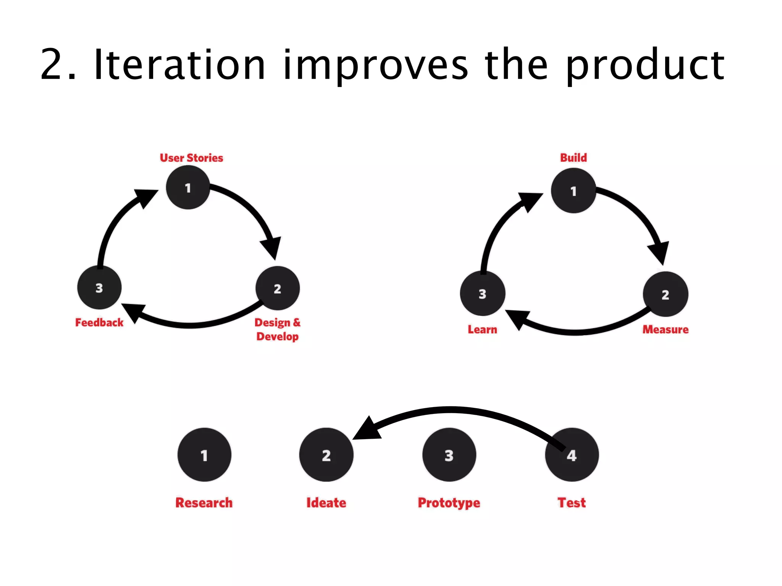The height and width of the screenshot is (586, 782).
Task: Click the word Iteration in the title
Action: tap(179, 65)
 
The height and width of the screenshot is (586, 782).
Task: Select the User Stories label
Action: tap(191, 158)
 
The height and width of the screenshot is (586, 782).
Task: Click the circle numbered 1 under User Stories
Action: tap(188, 188)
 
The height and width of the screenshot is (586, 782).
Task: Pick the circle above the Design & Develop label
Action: tap(278, 288)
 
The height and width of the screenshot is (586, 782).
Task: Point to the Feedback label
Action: tap(99, 323)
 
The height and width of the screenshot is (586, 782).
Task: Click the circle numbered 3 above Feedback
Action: tap(99, 288)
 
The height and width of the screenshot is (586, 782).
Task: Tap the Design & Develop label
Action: tap(278, 330)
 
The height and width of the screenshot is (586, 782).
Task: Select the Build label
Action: tap(574, 158)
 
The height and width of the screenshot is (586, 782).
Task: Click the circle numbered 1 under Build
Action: tap(574, 191)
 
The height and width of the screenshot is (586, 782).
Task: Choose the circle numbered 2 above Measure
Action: tap(666, 294)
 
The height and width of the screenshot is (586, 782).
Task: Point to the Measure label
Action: tap(666, 330)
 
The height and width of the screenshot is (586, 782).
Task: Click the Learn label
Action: tap(483, 330)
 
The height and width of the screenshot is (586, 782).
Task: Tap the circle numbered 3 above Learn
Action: tap(483, 294)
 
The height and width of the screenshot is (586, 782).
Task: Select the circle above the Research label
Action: tap(204, 455)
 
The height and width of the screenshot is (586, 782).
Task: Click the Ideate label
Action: tap(326, 503)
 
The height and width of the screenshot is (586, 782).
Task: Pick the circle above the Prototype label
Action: tap(449, 455)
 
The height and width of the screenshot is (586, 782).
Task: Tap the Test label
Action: tap(572, 503)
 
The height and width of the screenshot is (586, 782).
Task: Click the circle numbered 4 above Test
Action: tap(572, 455)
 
